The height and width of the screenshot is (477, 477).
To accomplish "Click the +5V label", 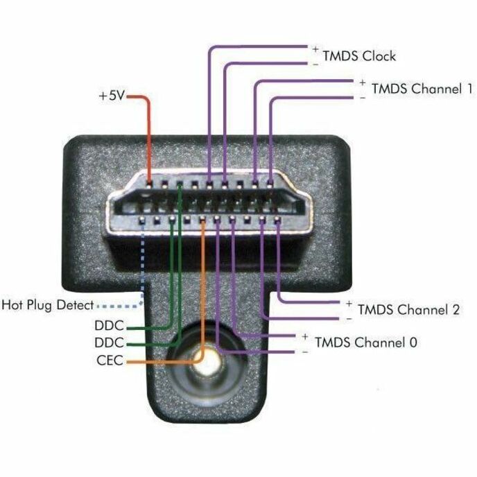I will pos(111,96).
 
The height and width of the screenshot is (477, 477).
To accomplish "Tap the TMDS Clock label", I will pos(359,55).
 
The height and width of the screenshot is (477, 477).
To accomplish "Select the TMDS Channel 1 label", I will pos(422,89).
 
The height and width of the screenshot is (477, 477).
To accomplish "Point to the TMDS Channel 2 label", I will pos(408,309).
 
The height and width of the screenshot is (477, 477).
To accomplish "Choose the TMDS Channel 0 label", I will pos(365,342).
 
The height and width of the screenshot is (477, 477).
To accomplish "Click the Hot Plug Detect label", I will pos(47,304).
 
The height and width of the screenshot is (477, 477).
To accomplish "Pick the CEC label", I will pos(110,361).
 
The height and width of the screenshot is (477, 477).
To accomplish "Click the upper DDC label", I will pos(109,325).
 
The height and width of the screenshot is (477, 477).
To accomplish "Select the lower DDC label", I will pos(109,342).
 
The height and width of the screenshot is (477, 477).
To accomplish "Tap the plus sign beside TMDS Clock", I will pos(315,49).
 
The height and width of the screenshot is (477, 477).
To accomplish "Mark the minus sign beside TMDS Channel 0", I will pos(305,352).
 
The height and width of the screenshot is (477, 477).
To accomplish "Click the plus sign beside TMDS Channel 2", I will pos(349,304).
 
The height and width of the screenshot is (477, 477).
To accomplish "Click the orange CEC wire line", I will pos(202,291).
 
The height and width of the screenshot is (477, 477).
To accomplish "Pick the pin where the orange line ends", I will pos(202,222).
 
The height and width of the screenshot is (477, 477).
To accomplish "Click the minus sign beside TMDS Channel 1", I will pos(363,98).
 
